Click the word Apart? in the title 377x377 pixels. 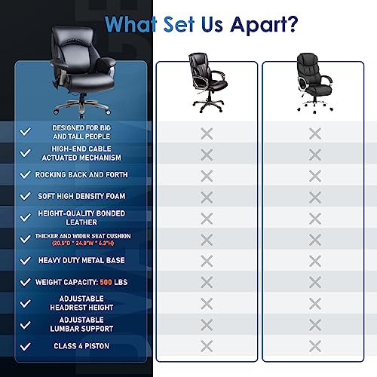(x=264, y=25)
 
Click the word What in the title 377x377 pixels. (x=130, y=24)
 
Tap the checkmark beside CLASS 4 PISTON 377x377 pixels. (x=26, y=346)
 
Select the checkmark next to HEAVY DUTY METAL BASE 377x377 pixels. (x=26, y=260)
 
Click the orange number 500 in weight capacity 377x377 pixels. (x=106, y=282)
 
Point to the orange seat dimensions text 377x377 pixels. (x=83, y=244)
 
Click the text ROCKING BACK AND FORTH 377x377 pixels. (x=81, y=175)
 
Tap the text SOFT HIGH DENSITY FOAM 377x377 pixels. (x=81, y=196)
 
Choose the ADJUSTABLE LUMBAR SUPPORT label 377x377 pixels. (x=81, y=324)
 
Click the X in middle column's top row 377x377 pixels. (x=207, y=133)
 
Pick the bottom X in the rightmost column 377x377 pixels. (x=315, y=346)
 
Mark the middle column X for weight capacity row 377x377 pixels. (x=207, y=282)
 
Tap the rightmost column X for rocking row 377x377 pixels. (x=315, y=176)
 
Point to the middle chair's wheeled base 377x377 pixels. (x=208, y=104)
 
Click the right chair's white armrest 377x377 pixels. (x=302, y=84)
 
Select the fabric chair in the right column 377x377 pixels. (x=314, y=82)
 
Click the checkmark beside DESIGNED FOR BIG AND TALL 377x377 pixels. (x=26, y=131)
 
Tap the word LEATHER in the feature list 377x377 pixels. (x=81, y=222)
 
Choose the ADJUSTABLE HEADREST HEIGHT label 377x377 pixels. (x=81, y=303)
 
